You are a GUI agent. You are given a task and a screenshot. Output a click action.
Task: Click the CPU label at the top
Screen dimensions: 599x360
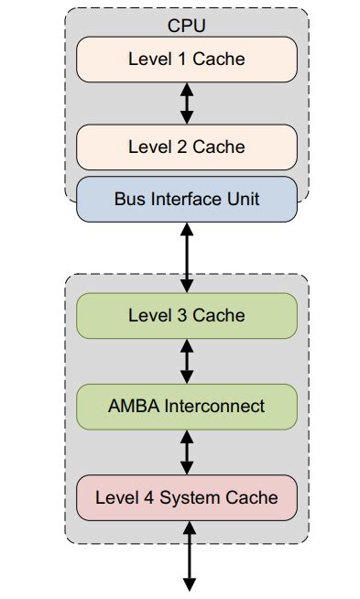[x=187, y=25]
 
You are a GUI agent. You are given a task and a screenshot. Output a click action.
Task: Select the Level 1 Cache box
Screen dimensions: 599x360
[x=187, y=60]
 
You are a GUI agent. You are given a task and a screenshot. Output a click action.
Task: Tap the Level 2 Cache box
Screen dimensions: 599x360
[x=187, y=147]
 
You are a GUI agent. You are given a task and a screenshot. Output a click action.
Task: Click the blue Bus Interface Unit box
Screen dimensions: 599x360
[x=187, y=199]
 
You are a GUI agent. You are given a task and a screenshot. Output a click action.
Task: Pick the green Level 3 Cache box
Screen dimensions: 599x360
[x=187, y=315]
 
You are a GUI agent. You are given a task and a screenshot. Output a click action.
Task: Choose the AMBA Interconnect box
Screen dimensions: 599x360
[x=187, y=406]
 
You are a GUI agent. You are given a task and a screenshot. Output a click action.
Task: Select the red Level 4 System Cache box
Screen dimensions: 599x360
[x=187, y=497]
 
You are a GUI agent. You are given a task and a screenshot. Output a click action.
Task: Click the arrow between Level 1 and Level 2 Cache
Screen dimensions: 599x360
[x=187, y=103]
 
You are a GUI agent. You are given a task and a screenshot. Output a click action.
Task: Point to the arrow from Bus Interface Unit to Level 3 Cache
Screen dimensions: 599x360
[x=187, y=257]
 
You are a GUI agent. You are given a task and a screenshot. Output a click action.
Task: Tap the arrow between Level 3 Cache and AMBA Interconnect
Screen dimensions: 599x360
[x=187, y=361]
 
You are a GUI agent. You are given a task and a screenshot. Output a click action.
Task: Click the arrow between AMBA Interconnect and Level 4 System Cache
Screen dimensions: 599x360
[x=187, y=452]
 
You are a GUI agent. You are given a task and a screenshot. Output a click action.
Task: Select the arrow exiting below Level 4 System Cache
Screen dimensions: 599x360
[x=189, y=555]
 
